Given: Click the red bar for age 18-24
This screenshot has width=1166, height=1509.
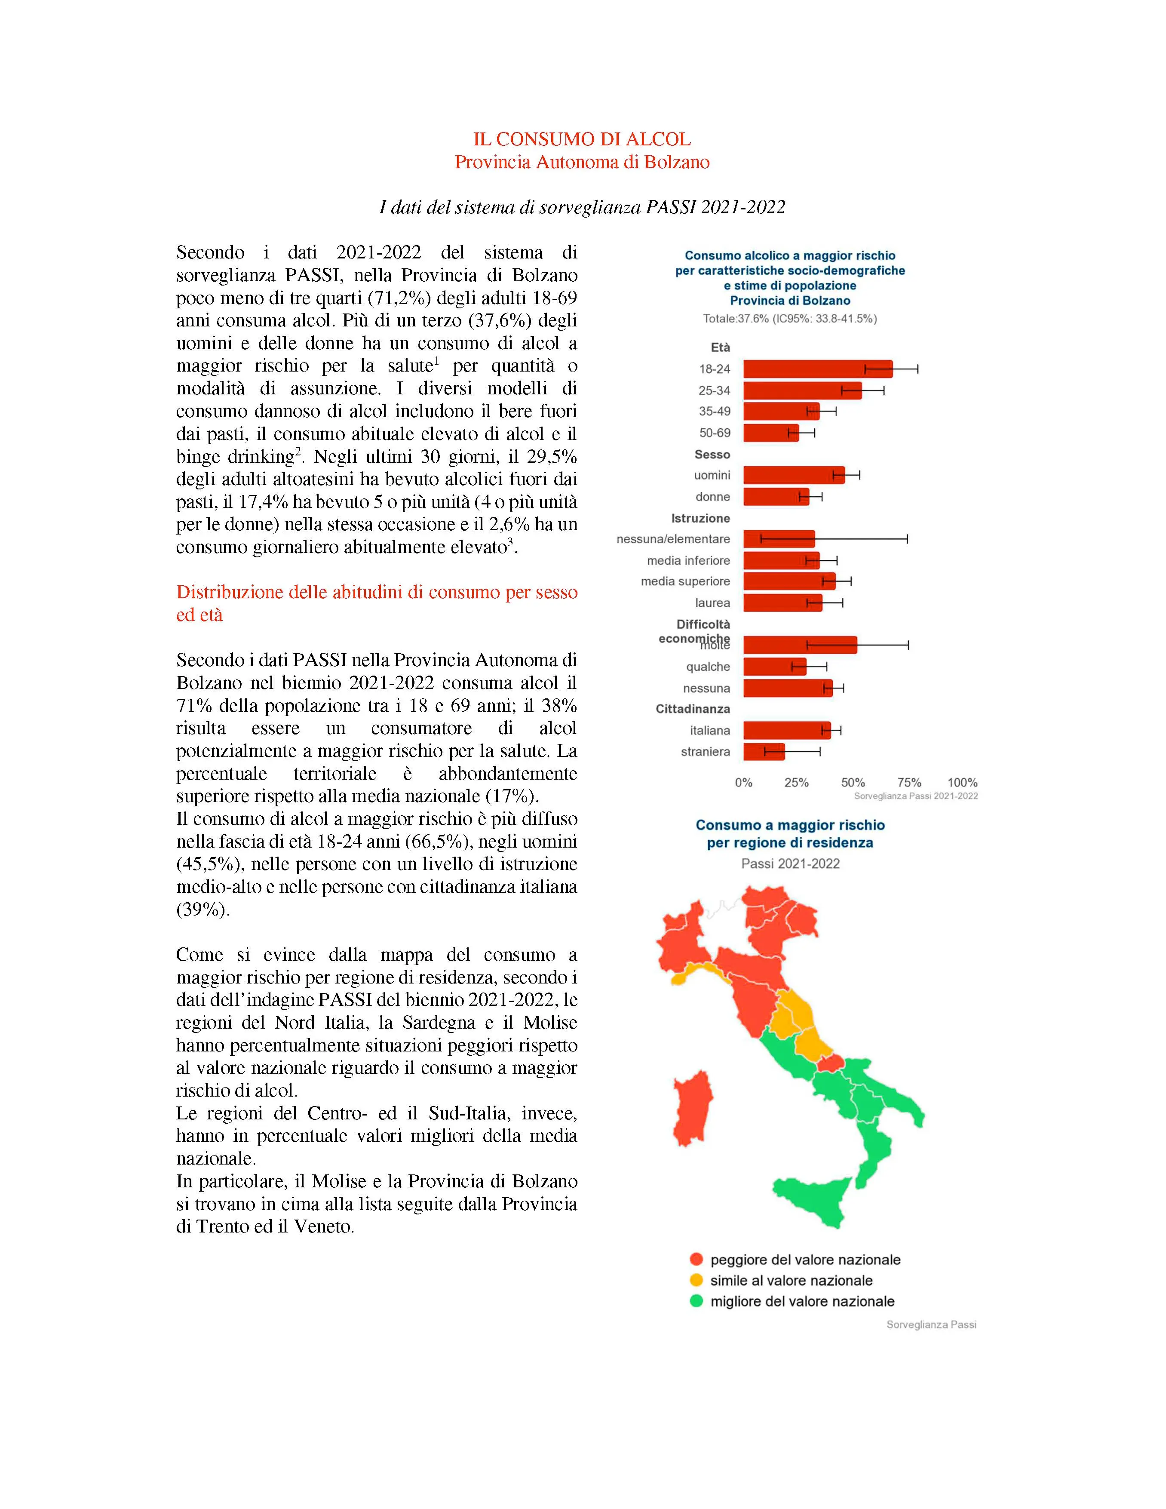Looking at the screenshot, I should tap(817, 369).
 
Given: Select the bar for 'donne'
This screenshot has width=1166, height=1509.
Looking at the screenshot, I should tap(776, 497).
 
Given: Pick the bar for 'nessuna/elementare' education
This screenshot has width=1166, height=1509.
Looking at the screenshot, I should tap(779, 539).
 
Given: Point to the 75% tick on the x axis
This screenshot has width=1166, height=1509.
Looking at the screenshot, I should tap(909, 783).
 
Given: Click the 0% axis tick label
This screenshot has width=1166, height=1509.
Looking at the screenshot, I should tap(743, 783).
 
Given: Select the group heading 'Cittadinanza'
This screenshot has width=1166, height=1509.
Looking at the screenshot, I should tap(692, 709).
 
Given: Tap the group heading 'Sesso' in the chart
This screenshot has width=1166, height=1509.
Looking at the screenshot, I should tap(712, 455).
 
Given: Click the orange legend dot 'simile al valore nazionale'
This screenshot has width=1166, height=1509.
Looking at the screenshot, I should tap(696, 1280).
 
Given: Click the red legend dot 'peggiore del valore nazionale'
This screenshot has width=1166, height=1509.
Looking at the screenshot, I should tap(696, 1260).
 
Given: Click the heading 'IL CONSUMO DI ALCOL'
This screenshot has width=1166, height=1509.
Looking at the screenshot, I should tap(582, 140).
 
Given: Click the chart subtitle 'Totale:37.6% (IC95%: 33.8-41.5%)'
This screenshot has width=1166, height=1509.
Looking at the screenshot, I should tap(789, 319).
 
